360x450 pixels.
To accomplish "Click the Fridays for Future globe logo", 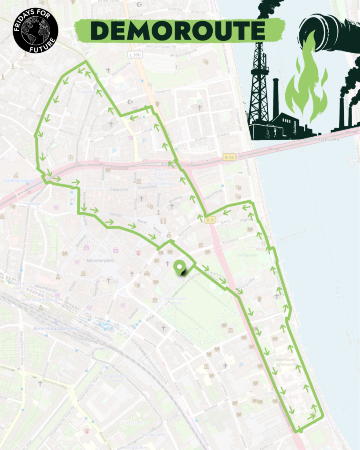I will coord(35,30).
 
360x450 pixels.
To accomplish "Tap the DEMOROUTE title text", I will coord(178,30).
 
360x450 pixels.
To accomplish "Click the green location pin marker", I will coord(179,268).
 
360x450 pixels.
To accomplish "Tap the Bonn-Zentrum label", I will coord(106,242).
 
